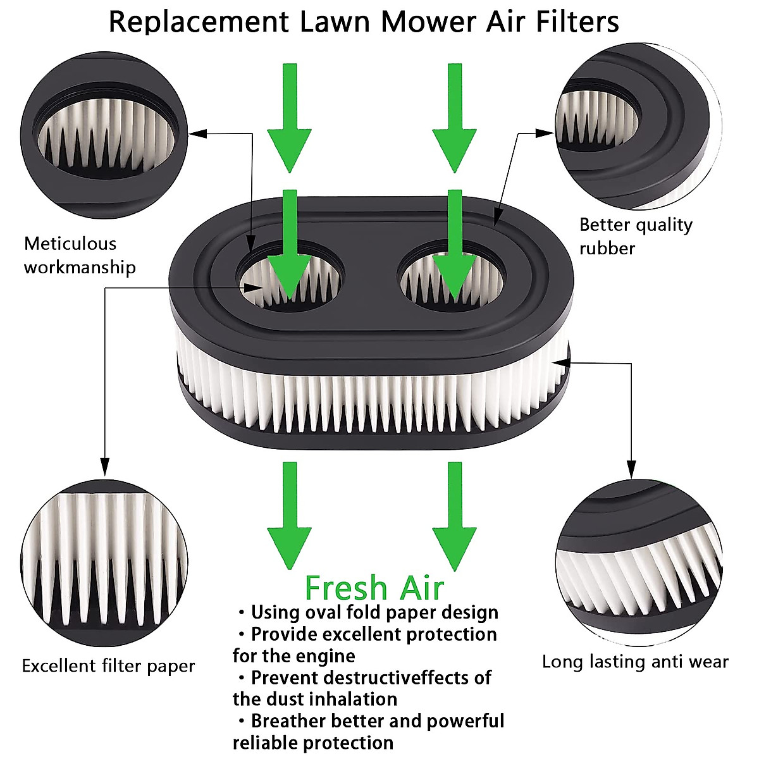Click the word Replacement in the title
(x=198, y=22)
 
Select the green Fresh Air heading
(x=374, y=588)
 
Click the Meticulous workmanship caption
(x=80, y=255)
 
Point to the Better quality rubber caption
(x=636, y=236)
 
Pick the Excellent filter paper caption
(x=108, y=666)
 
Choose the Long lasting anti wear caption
(x=635, y=662)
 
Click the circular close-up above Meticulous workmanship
(x=105, y=127)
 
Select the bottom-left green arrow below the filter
(x=289, y=515)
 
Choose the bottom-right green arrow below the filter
(x=454, y=515)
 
